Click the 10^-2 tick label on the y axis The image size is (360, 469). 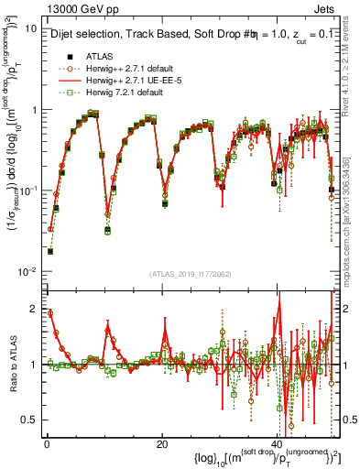27,272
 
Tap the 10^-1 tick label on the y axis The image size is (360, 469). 27,191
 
